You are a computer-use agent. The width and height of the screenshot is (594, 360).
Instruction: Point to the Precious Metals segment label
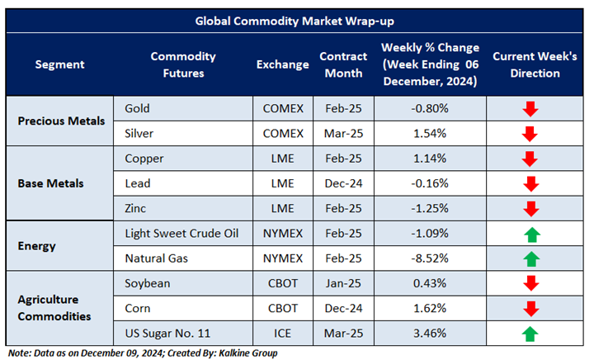click(x=61, y=121)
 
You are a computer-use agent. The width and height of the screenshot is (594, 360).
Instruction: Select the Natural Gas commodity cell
click(x=156, y=258)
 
